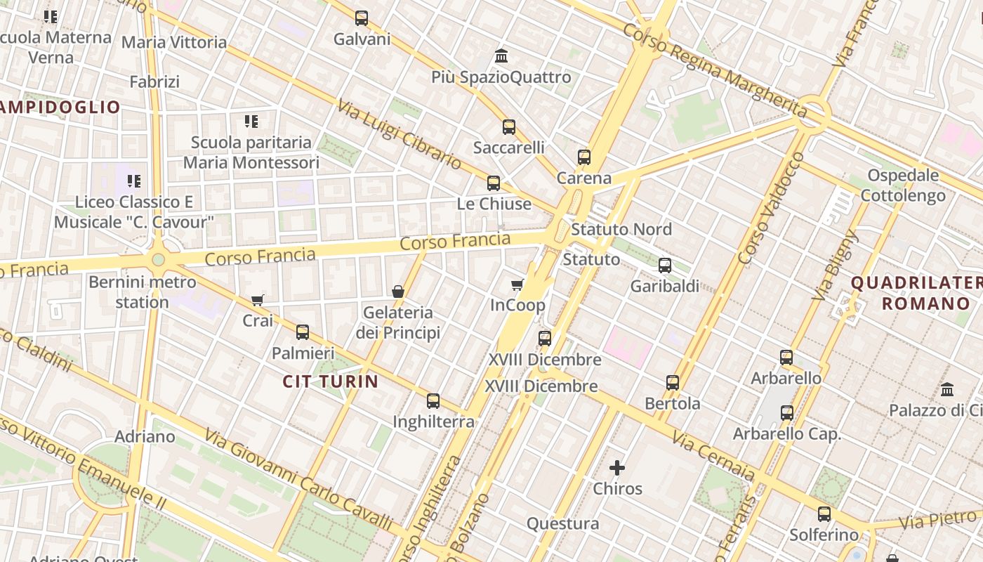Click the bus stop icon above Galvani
(362, 18)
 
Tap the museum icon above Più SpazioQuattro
(501, 55)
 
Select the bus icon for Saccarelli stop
(509, 127)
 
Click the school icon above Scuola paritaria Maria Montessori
(251, 122)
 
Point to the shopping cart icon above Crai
(258, 300)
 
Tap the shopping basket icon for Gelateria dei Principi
(398, 292)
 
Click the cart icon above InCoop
(517, 285)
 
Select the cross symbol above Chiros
(617, 468)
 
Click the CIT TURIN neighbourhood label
(330, 381)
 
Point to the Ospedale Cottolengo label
(903, 185)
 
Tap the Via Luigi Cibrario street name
(399, 134)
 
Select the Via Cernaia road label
(713, 457)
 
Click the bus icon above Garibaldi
(665, 266)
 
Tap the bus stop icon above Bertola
(673, 383)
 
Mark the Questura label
(562, 523)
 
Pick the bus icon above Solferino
(824, 514)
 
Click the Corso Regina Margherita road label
(715, 70)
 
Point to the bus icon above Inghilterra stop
(433, 401)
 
